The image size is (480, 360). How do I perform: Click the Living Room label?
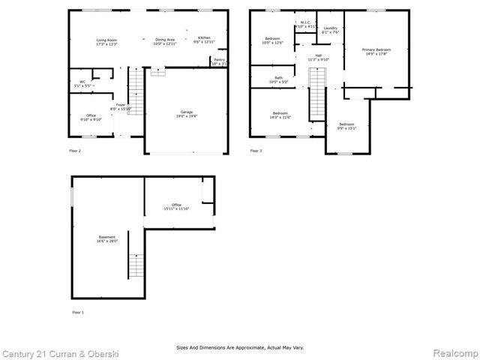106,40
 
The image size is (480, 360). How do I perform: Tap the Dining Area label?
165,40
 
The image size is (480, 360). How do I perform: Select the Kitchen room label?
204,38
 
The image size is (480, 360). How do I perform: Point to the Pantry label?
219,60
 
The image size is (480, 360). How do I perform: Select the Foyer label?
120,105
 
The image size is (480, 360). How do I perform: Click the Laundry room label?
330,28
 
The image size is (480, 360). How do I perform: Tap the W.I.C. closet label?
305,22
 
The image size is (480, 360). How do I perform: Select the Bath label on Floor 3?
278,78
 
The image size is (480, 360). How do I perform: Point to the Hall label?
318,55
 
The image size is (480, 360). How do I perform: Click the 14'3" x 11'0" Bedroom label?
280,113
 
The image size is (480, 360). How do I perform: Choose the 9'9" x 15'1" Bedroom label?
346,124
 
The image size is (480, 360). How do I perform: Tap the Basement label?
106,237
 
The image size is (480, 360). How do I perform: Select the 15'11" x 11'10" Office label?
177,206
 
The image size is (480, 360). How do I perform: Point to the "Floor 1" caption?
78,311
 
